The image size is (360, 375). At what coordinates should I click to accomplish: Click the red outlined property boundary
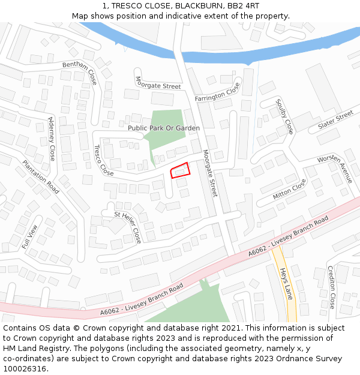point(180,170)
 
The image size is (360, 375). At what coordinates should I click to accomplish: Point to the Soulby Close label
point(284,116)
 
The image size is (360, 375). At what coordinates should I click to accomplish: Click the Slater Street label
point(335,119)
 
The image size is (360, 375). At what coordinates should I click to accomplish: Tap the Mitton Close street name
point(289,190)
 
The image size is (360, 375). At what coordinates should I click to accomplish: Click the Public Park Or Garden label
point(164,128)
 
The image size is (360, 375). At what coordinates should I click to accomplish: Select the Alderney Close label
point(51,138)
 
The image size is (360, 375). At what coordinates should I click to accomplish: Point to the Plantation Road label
point(41,177)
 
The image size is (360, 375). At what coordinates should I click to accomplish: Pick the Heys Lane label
point(286,284)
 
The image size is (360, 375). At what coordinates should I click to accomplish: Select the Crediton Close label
point(331,287)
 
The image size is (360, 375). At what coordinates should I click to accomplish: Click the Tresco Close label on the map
point(103,160)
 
